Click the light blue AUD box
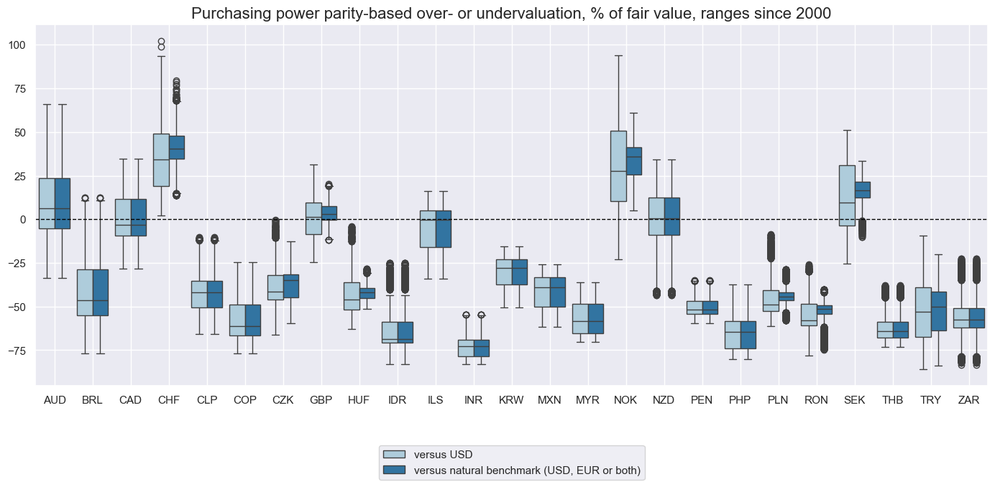47,193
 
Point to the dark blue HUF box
367,293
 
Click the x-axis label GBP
321,399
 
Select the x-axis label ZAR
969,399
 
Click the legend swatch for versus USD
395,455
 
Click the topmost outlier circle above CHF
161,42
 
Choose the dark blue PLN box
786,296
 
